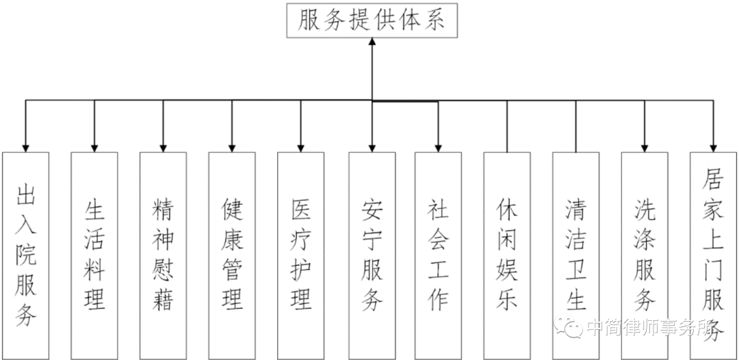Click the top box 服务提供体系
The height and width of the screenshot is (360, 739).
pos(372,21)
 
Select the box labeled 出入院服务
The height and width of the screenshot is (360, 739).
pos(26,253)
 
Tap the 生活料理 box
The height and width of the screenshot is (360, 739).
pos(94,253)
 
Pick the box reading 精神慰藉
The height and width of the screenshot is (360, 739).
pos(163,253)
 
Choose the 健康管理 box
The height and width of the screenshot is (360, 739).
pos(232,253)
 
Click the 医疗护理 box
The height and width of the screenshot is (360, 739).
pos(300,253)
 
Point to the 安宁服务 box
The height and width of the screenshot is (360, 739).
pos(372,253)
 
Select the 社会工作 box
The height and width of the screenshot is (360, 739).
pos(438,253)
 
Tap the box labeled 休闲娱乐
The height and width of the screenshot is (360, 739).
pos(507,253)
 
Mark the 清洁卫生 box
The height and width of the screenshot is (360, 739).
pos(575,253)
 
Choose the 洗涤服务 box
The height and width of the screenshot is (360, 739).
pos(645,253)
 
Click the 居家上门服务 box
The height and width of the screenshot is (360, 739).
pos(714,253)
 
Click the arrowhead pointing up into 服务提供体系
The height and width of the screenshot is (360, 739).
pos(372,43)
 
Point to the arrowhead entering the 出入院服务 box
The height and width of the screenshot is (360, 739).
pos(26,146)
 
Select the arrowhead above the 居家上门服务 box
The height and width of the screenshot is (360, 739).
pos(714,146)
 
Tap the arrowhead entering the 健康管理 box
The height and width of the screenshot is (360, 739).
pos(232,146)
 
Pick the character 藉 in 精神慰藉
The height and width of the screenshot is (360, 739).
pos(163,299)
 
